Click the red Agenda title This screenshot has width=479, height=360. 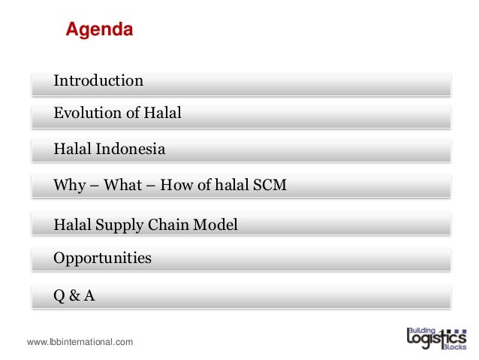point(99,31)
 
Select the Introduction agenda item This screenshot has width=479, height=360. point(98,80)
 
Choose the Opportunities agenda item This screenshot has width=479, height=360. point(102,259)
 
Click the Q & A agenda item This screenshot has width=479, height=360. point(74,295)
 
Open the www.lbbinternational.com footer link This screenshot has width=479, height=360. point(80,342)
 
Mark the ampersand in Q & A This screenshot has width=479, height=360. point(74,295)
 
